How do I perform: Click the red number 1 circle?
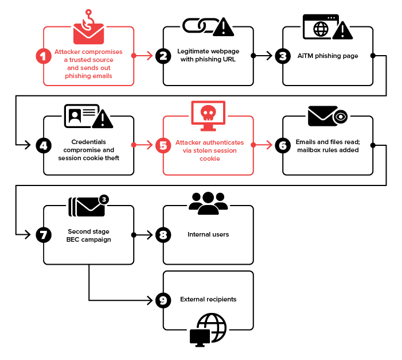(43, 56)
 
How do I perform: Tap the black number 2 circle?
(163, 56)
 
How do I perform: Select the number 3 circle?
(282, 56)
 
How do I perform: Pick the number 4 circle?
(43, 145)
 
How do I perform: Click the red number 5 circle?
(163, 145)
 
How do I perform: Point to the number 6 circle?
(282, 145)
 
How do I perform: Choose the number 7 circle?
(43, 235)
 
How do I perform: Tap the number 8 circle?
(163, 235)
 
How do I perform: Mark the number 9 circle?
(163, 300)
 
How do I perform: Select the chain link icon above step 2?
(197, 25)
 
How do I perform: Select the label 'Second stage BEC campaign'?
(88, 235)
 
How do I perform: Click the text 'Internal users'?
(208, 235)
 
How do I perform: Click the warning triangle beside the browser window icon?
(342, 29)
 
